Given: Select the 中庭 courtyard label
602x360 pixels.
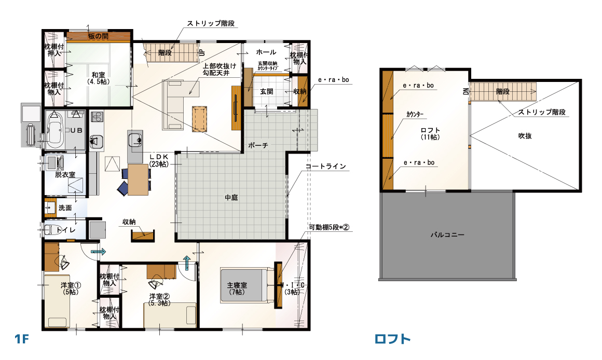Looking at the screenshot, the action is (231, 198).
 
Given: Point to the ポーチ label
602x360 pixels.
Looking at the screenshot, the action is (258, 145).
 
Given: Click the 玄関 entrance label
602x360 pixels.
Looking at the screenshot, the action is (266, 91).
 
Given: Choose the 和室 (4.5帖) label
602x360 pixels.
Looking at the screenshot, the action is (98, 78).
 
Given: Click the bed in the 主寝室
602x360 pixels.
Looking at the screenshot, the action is (244, 285).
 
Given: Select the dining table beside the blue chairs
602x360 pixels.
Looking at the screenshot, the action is (138, 179).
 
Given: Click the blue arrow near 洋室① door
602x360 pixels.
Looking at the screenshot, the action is (98, 252).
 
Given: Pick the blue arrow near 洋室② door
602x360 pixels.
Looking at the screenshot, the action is (187, 263).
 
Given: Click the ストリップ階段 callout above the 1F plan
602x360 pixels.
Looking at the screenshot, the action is (211, 23).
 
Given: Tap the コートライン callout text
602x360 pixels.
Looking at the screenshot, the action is (325, 167).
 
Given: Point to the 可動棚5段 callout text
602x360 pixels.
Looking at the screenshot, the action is (329, 227).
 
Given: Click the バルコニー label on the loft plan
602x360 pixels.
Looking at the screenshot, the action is (447, 234).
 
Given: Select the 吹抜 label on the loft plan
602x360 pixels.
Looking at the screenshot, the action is (525, 136).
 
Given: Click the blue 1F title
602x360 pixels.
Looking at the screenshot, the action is (22, 339).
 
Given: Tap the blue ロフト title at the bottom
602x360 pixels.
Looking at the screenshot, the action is (392, 339).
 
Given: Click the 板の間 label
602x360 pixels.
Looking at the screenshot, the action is (98, 36).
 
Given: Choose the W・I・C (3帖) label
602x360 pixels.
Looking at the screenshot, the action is (292, 288).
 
